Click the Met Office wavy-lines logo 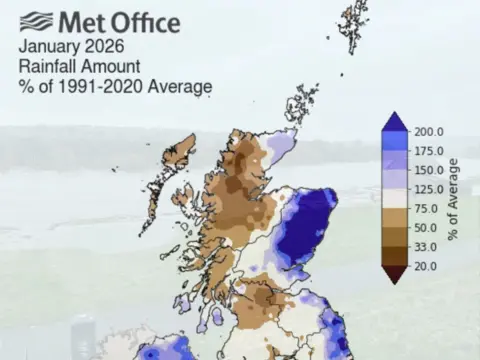[x=35, y=21]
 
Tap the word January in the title [x=49, y=46]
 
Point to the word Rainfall [x=49, y=66]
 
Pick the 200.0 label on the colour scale [x=428, y=132]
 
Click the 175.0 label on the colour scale [x=428, y=151]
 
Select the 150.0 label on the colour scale [x=428, y=170]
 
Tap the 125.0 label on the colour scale [x=428, y=189]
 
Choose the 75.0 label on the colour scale [x=426, y=208]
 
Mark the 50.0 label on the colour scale [x=426, y=227]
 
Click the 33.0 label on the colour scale [x=426, y=246]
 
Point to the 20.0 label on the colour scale [x=426, y=265]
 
